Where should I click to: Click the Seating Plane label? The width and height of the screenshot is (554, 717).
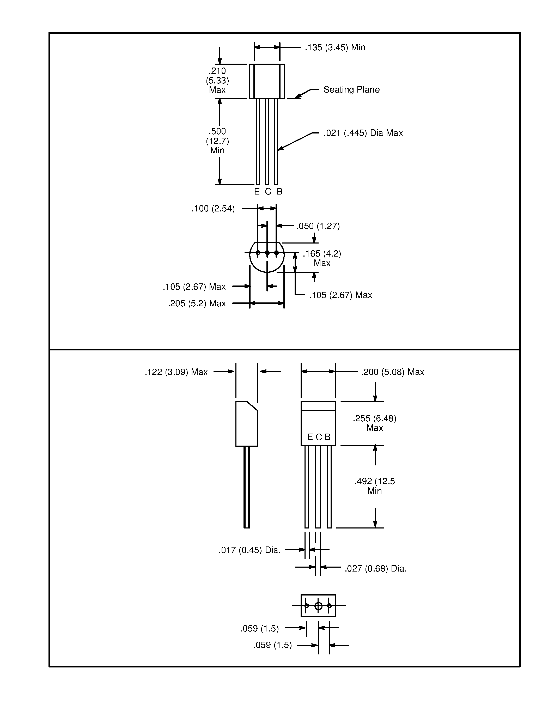[351, 90]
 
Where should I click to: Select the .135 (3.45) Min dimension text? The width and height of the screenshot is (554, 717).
[335, 48]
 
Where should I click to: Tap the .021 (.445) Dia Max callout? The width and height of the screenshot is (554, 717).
[363, 133]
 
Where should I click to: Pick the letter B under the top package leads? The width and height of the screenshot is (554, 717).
[280, 192]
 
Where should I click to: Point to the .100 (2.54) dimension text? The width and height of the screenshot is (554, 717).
[213, 209]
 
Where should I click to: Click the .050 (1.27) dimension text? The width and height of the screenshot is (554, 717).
[318, 226]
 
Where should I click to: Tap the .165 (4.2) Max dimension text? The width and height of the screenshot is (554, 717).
[322, 258]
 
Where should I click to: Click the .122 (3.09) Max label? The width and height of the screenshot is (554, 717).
[176, 372]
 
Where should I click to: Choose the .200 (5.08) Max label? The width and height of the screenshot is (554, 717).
[393, 372]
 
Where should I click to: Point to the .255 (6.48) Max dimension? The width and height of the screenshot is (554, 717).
[374, 423]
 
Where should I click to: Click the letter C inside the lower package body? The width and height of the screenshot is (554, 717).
[319, 437]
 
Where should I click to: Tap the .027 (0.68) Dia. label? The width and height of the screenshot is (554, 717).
[375, 569]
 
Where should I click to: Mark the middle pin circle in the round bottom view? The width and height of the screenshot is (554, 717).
[267, 253]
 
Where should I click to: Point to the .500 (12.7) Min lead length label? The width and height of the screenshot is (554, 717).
[217, 141]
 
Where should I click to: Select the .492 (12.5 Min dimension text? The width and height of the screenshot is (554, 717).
[374, 486]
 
